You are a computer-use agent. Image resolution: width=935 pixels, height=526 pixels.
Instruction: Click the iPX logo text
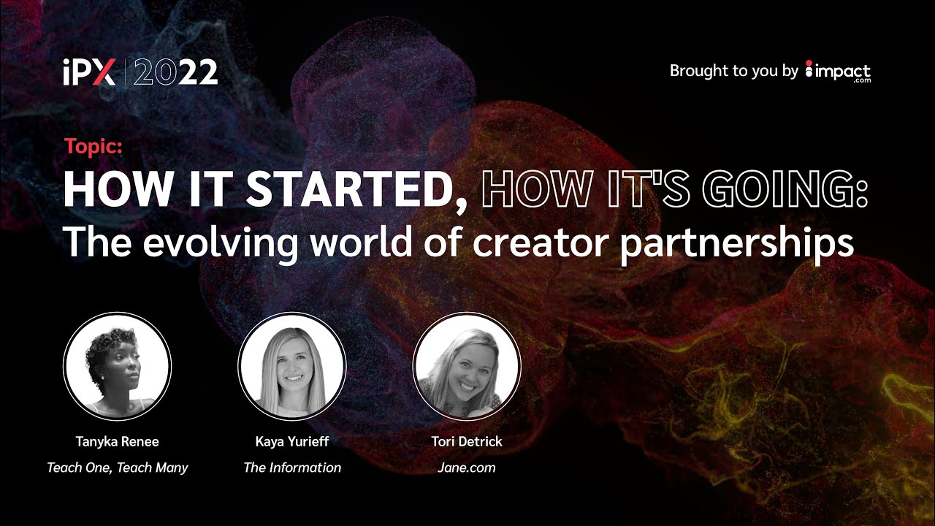89,72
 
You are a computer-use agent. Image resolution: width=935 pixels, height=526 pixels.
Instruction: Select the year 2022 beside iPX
176,72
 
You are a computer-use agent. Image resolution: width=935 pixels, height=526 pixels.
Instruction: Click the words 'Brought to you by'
733,72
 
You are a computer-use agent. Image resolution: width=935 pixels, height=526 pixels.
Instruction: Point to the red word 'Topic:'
93,145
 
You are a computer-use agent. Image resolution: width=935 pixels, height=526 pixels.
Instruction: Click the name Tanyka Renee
117,442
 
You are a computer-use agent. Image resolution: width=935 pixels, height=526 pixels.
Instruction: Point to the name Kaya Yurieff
292,442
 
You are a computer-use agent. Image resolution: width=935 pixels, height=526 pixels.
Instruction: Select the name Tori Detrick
467,442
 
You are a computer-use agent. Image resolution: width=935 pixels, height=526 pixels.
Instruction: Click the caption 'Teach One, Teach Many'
117,468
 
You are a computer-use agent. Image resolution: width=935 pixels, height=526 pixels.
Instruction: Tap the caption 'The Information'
292,468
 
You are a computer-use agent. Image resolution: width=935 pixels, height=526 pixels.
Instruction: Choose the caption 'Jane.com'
467,468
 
